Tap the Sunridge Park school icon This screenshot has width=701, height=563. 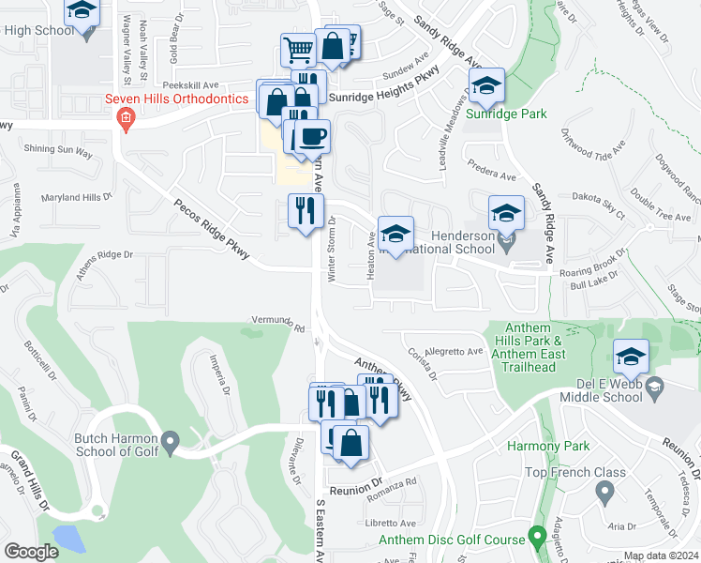click(486, 87)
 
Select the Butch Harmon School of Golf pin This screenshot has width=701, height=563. click(170, 440)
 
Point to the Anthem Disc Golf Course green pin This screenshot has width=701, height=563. click(537, 538)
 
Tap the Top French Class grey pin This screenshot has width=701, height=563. click(604, 491)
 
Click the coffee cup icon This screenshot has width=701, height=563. click(312, 137)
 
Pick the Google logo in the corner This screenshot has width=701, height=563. click(31, 551)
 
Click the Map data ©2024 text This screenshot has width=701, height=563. click(661, 555)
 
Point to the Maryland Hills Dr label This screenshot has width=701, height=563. click(76, 197)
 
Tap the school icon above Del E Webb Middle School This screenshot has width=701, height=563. click(631, 358)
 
